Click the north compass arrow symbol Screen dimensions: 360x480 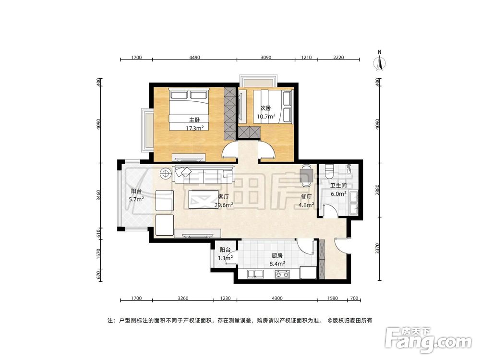click(380, 62)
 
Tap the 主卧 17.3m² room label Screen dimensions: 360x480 click(194, 124)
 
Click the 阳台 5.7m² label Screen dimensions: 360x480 click(137, 195)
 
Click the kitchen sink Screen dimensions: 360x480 click(255, 275)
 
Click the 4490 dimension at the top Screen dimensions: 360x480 click(194, 58)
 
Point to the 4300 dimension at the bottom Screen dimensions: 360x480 click(276, 299)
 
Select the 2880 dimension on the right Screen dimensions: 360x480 click(378, 190)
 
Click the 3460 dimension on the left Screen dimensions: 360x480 click(99, 195)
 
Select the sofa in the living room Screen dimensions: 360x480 click(204, 173)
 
